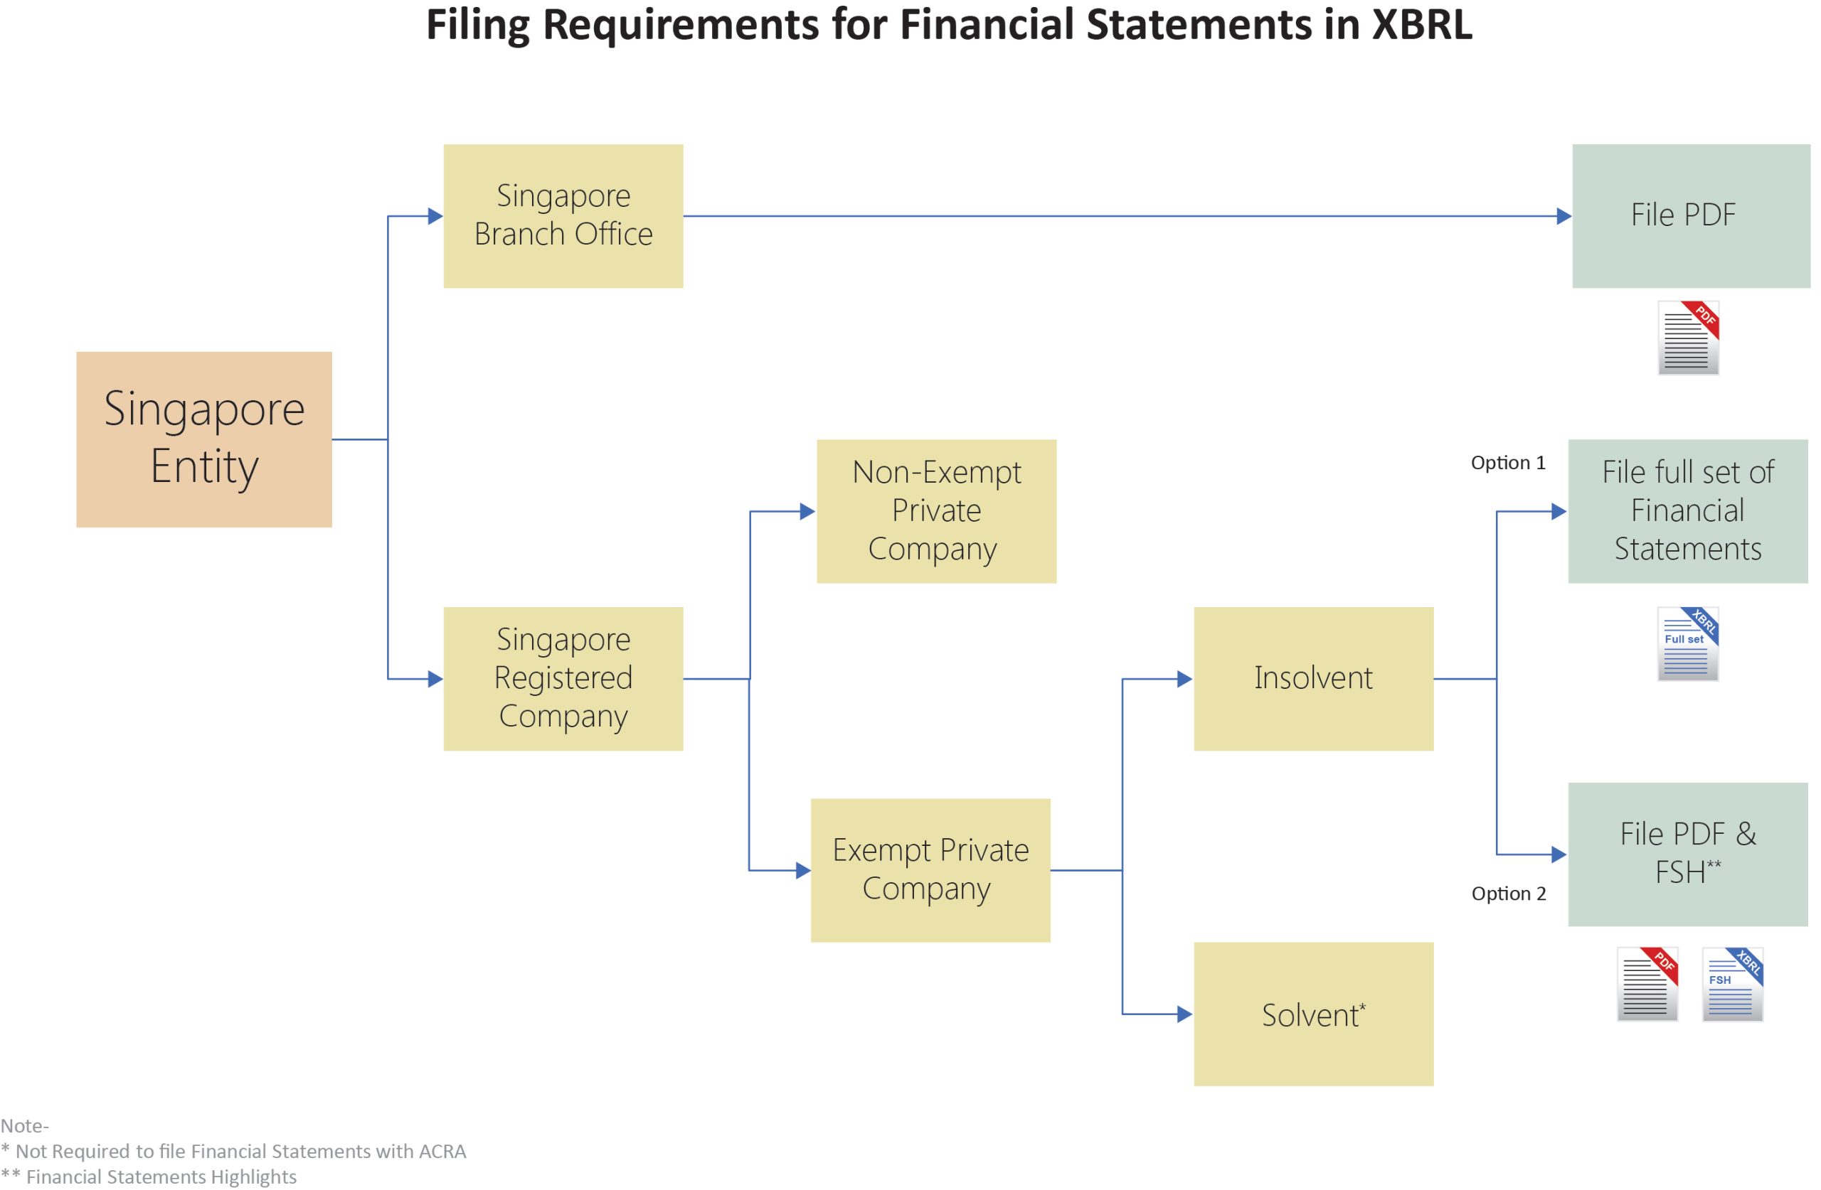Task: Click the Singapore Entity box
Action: pyautogui.click(x=203, y=439)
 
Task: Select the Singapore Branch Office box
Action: pyautogui.click(x=563, y=215)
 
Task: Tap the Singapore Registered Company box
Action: pyautogui.click(x=563, y=678)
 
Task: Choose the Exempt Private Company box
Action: pyautogui.click(x=930, y=869)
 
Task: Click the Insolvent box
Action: pyautogui.click(x=1313, y=678)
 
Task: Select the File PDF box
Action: pyautogui.click(x=1691, y=215)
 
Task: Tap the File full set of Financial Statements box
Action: pyautogui.click(x=1687, y=511)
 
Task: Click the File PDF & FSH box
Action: pyautogui.click(x=1687, y=854)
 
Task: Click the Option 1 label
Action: pyautogui.click(x=1507, y=463)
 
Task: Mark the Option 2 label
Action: pyautogui.click(x=1508, y=894)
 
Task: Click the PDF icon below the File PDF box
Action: pyautogui.click(x=1688, y=337)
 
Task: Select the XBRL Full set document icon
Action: pyautogui.click(x=1687, y=643)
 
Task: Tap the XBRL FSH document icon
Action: pyautogui.click(x=1731, y=984)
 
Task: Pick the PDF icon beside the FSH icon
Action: pyautogui.click(x=1647, y=984)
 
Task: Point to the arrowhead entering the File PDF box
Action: pyautogui.click(x=1563, y=215)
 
